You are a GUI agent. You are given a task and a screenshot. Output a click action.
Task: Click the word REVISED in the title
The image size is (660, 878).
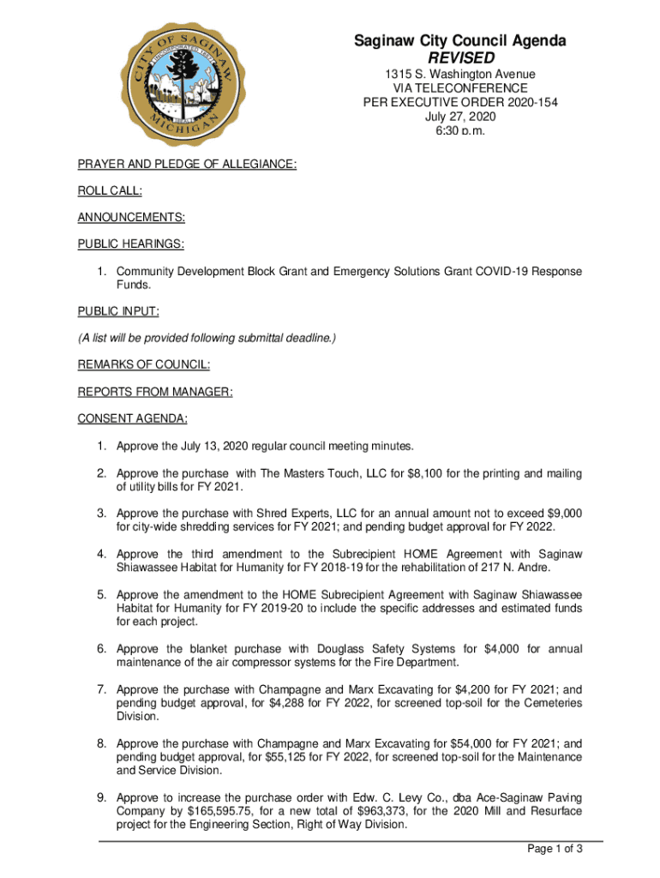[x=460, y=58]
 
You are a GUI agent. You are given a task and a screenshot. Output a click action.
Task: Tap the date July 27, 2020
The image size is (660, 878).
[x=460, y=116]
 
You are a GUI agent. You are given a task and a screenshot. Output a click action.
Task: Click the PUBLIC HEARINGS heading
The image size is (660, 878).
[x=131, y=244]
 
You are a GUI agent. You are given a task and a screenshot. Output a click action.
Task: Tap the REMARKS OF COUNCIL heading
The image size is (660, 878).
[x=144, y=364]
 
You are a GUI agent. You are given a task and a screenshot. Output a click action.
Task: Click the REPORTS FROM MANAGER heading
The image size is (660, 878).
[x=155, y=392]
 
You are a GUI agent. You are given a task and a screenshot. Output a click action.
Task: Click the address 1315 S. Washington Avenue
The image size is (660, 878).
[x=460, y=75]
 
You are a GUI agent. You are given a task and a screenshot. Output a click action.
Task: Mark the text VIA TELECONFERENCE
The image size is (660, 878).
[x=460, y=88]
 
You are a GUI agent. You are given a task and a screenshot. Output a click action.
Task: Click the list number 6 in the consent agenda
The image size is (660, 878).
[x=100, y=649]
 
